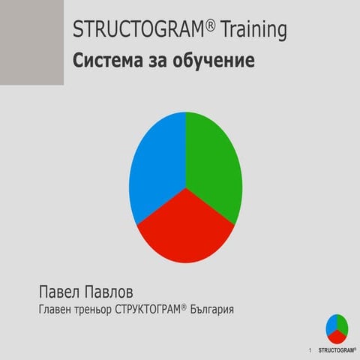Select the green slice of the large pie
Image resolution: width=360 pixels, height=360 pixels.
tap(216, 165)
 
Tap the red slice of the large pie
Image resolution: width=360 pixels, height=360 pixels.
tap(186, 225)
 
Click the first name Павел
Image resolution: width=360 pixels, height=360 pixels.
tap(61, 291)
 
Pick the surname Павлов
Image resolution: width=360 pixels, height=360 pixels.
tap(118, 291)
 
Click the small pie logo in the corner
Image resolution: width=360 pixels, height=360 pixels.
tap(337, 327)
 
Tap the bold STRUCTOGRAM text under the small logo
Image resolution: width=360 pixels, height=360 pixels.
tap(337, 350)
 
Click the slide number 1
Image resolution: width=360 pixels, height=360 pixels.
tap(310, 350)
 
